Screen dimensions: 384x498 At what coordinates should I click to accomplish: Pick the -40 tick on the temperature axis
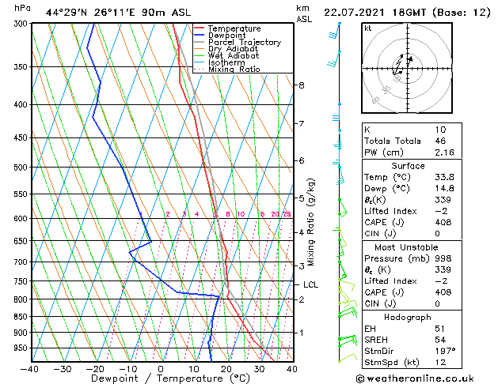pyautogui.click(x=30, y=368)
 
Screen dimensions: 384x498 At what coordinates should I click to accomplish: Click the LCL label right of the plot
pyautogui.click(x=310, y=284)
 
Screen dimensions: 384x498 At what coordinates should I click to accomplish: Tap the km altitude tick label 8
pyautogui.click(x=302, y=85)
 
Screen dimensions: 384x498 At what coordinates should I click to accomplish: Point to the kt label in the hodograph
pyautogui.click(x=368, y=28)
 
